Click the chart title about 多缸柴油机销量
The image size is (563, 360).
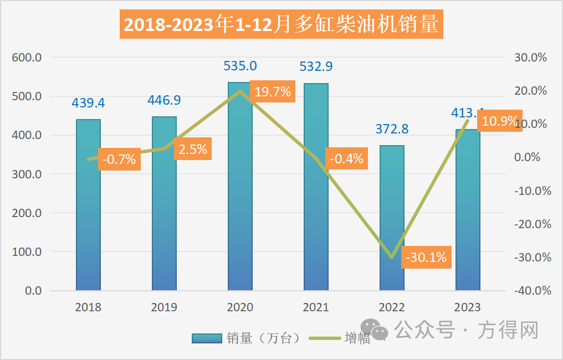tap(281, 25)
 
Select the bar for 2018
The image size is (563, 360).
tap(88, 205)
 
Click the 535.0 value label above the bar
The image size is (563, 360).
tap(240, 66)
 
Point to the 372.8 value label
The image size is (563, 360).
tap(392, 129)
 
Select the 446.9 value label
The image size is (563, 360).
tap(164, 100)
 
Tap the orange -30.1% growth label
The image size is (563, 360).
tap(426, 258)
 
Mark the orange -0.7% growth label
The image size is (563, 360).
tap(119, 160)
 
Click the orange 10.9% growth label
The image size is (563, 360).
tap(500, 120)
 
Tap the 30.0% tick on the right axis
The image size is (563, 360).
tap(531, 58)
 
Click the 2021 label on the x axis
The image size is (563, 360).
tap(316, 307)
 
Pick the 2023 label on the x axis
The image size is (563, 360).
tap(468, 307)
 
